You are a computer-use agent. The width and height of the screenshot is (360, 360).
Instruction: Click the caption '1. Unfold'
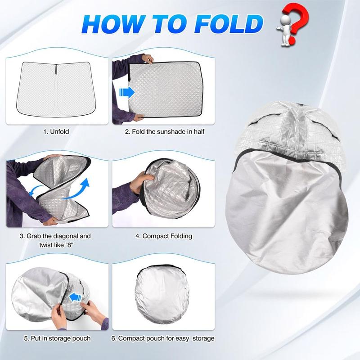tap(56, 132)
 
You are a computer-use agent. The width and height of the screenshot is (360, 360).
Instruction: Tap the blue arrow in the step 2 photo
tap(127, 93)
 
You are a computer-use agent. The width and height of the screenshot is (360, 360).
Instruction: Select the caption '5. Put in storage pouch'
tap(56, 338)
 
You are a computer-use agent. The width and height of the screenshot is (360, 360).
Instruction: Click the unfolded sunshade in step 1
tap(56, 88)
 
